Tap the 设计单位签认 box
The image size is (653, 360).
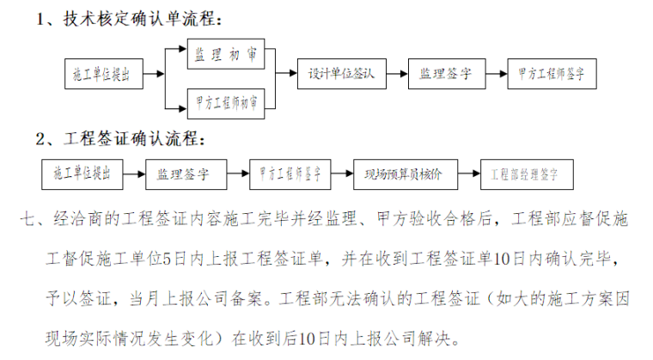[x=342, y=74]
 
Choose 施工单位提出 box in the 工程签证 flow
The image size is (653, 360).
[x=83, y=174]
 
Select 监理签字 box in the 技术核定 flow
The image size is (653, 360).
[x=446, y=74]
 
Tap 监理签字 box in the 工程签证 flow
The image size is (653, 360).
[x=184, y=174]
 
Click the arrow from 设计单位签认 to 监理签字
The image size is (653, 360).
[x=397, y=74]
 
